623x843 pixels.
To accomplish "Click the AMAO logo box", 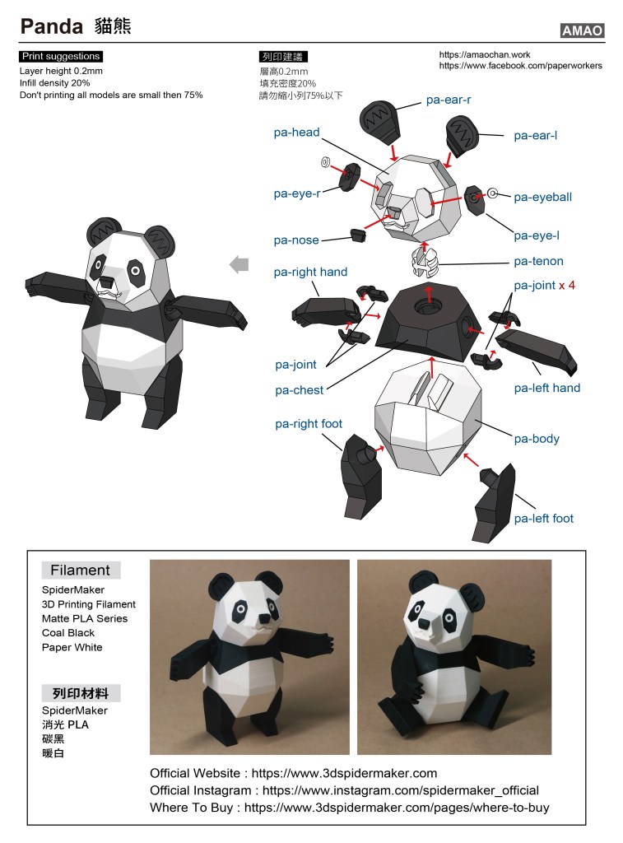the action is coord(582,30).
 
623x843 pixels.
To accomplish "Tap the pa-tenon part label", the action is coord(538,261).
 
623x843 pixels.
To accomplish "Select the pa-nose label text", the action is coord(296,240).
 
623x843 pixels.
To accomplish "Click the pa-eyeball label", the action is coord(543,198).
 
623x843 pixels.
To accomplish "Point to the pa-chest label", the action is coord(300,390).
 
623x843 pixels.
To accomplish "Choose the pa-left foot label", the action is coord(544,519).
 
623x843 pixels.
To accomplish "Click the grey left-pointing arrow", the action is coord(239,264).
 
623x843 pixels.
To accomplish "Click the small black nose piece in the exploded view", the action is coord(358,235).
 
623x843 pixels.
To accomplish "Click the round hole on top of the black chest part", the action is coord(428,308).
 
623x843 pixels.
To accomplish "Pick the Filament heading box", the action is coord(81,570).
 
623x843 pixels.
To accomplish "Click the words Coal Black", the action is coord(68,633).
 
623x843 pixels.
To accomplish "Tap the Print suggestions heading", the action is coord(61,57).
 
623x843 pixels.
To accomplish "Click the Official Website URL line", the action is coord(294,773).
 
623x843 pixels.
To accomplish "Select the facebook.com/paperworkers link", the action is coord(520,66).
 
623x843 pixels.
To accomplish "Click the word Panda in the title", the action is coord(52,26).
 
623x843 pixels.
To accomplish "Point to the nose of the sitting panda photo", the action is coord(424,624).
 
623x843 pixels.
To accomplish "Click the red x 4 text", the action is coord(566,286).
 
